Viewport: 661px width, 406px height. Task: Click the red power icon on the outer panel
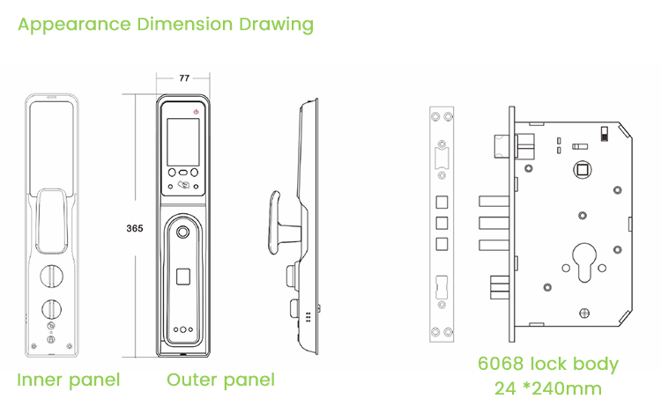[196, 112]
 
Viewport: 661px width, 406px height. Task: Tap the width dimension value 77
[184, 78]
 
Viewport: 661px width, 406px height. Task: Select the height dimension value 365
[135, 228]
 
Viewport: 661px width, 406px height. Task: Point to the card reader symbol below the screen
[183, 186]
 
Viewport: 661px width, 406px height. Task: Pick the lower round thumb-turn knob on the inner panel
[50, 310]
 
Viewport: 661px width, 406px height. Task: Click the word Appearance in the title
[73, 24]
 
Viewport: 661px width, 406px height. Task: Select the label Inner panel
[69, 380]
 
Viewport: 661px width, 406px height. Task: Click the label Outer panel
[220, 380]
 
